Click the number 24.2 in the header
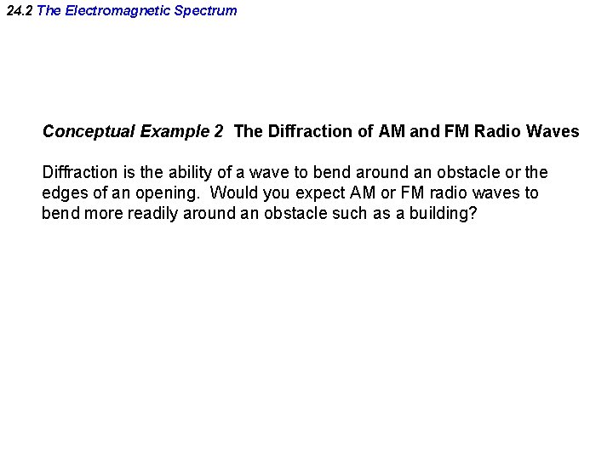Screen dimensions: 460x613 (20, 11)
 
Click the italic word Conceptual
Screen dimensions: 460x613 (89, 132)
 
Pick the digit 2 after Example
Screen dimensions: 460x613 (219, 132)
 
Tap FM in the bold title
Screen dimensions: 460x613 (451, 132)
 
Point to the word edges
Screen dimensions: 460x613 (65, 193)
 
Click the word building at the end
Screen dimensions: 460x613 (438, 214)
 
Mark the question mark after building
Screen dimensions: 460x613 (473, 214)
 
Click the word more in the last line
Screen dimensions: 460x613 (105, 214)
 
